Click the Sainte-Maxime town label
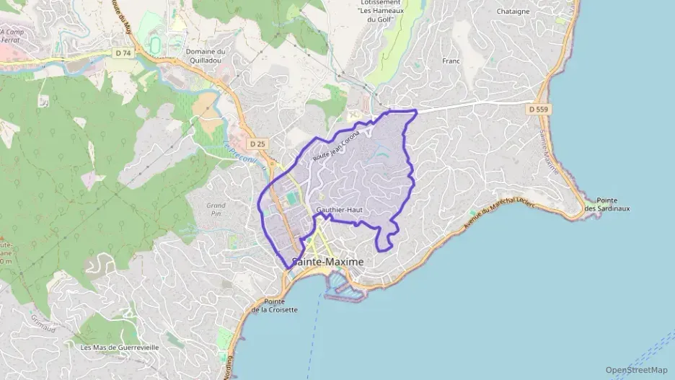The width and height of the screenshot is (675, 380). [327, 262]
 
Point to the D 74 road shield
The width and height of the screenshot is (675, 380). [123, 53]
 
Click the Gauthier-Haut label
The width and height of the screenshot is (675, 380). [337, 210]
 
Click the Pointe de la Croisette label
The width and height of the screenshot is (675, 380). [270, 305]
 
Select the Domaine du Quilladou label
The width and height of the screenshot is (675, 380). [206, 56]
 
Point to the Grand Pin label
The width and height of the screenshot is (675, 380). [216, 210]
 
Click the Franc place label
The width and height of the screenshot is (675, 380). [451, 61]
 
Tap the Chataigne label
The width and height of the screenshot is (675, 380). [513, 12]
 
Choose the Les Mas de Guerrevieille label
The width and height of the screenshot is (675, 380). [120, 347]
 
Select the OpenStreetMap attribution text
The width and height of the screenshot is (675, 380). [636, 370]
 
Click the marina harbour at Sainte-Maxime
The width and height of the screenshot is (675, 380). [347, 291]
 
